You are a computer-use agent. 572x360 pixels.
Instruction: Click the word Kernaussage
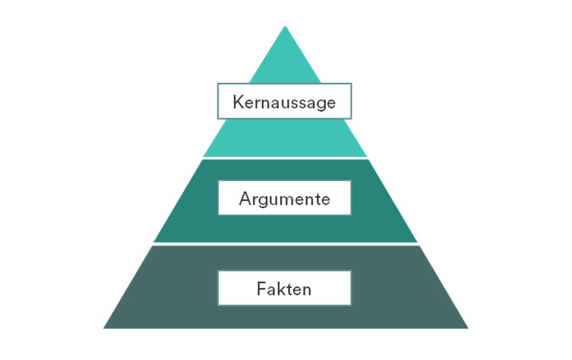(x=284, y=102)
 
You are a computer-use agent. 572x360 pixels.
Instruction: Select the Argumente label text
(x=284, y=199)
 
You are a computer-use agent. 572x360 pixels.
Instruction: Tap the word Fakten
(x=284, y=289)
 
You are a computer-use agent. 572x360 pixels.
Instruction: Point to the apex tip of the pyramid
(x=285, y=26)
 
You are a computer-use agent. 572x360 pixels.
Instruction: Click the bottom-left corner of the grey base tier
(x=104, y=329)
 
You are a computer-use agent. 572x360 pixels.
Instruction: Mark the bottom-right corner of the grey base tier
(x=468, y=329)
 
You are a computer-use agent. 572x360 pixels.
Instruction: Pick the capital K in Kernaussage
(x=238, y=101)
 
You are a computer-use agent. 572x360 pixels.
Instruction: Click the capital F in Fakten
(x=261, y=289)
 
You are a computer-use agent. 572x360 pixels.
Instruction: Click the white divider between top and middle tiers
(x=285, y=158)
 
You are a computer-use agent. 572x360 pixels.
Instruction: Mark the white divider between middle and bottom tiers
(x=285, y=244)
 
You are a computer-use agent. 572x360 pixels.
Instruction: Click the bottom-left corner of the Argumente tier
(x=154, y=242)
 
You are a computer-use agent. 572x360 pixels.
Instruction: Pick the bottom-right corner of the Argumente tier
(x=417, y=242)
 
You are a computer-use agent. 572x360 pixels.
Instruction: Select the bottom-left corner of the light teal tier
(x=203, y=157)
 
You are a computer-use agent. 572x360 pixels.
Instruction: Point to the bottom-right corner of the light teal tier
(x=367, y=157)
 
